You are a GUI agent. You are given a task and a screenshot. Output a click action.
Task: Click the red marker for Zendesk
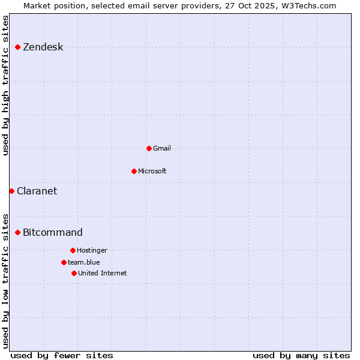click(x=18, y=47)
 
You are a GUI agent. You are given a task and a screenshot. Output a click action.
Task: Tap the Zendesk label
click(x=43, y=47)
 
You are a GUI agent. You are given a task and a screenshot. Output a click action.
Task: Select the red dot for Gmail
click(x=149, y=148)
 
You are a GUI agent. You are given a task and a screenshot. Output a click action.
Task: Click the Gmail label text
click(x=162, y=148)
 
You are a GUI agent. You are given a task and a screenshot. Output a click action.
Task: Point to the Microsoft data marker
click(x=134, y=171)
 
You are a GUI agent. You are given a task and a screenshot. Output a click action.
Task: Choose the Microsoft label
click(x=152, y=171)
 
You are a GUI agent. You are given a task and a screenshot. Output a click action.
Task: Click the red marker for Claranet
click(x=12, y=191)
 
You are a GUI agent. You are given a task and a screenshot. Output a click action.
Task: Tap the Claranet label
click(x=37, y=191)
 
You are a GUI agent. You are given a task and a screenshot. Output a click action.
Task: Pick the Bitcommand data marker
click(x=18, y=232)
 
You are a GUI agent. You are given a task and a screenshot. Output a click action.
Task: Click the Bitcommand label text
click(x=53, y=233)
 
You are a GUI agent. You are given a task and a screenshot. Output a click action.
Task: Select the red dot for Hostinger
click(x=73, y=250)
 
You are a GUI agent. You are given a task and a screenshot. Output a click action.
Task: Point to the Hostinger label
click(x=92, y=250)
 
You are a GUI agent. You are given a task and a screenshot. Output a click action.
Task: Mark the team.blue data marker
click(x=64, y=262)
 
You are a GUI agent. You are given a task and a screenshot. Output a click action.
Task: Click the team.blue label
click(x=83, y=262)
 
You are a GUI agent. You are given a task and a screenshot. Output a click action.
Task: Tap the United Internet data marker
click(x=74, y=273)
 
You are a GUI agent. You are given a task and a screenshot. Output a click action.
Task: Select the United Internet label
click(x=102, y=273)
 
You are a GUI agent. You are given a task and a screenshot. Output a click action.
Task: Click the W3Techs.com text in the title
click(x=307, y=5)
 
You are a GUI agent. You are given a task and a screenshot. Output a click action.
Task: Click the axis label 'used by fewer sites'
click(x=62, y=355)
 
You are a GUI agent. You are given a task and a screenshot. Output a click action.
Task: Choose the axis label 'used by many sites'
click(x=301, y=355)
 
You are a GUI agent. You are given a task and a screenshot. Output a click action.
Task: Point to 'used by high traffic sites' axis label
click(x=5, y=85)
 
